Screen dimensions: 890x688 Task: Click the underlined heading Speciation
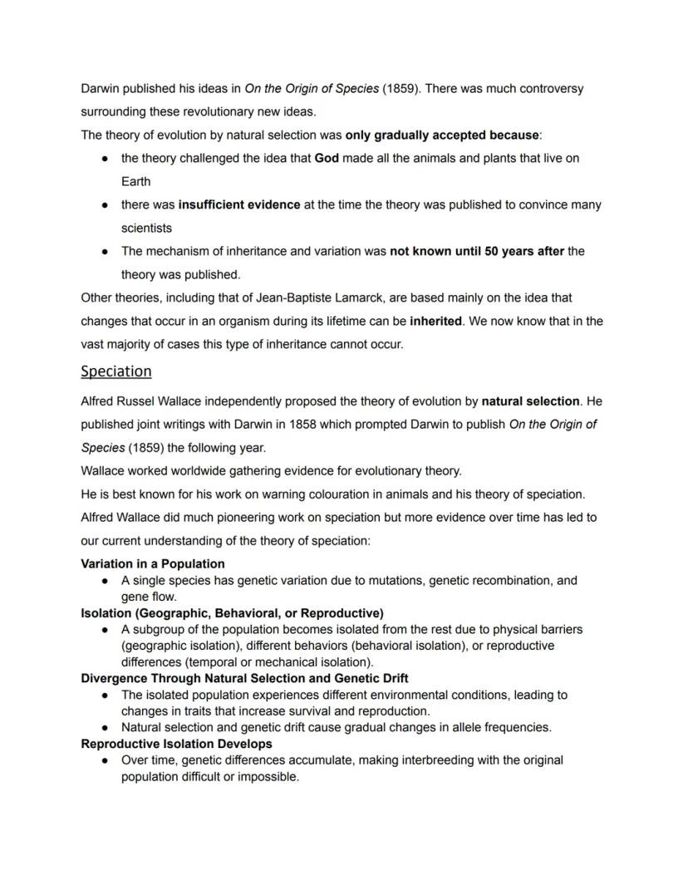[116, 371]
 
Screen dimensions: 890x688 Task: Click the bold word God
[327, 158]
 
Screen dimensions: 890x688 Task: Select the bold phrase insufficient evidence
[239, 204]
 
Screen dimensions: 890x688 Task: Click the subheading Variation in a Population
[153, 563]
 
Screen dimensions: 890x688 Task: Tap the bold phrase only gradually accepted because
[443, 135]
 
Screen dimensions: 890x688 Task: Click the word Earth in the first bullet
[136, 181]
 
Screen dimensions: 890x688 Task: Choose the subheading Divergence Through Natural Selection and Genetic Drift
[244, 678]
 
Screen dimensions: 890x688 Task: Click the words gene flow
[148, 597]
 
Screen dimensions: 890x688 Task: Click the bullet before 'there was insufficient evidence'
[106, 204]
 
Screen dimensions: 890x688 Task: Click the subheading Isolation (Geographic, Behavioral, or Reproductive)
[232, 613]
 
